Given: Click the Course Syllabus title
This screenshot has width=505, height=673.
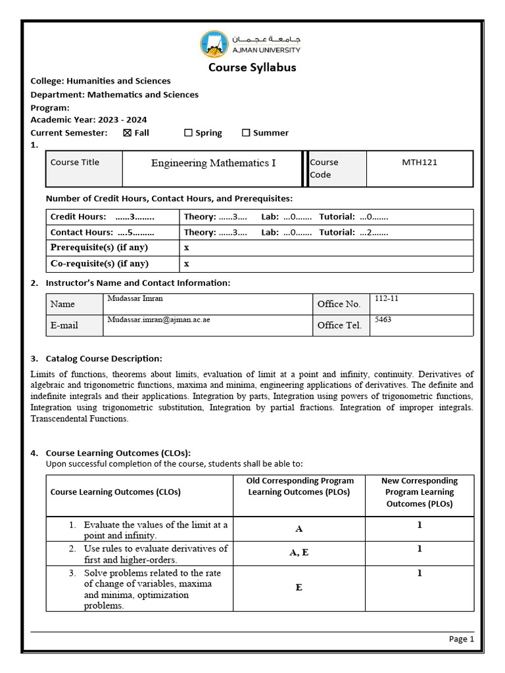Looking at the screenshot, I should click(252, 67).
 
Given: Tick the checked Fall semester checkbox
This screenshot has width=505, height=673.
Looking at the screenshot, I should click(128, 133).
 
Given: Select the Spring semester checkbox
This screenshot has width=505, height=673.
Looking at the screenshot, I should click(188, 133).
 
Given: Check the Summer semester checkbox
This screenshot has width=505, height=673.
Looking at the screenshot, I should click(246, 133).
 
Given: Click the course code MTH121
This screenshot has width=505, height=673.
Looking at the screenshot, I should click(419, 162).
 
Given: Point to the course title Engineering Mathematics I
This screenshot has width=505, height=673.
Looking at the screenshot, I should click(213, 163).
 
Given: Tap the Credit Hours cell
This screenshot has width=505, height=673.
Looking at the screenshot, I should click(103, 217).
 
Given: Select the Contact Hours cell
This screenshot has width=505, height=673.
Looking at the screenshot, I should click(103, 232).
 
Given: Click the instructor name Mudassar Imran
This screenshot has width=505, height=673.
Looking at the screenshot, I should click(135, 298).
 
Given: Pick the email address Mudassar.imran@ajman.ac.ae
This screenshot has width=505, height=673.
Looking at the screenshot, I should click(158, 319).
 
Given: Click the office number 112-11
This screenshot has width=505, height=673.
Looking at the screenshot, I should click(386, 298).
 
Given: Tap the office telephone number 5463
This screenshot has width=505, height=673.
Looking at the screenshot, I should click(382, 319).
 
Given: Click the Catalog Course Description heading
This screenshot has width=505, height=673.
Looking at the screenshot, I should click(103, 359).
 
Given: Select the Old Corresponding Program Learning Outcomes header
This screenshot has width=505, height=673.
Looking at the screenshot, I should click(299, 486).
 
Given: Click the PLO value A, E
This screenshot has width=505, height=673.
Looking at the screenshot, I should click(299, 553).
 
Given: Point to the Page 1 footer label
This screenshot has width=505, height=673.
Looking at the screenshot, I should click(461, 639).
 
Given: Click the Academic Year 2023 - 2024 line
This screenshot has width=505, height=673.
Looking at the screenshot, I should click(89, 120).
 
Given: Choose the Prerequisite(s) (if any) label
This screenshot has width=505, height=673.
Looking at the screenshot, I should click(99, 248).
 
